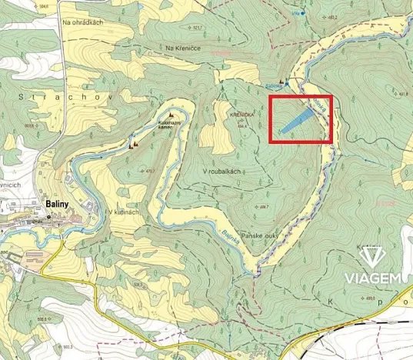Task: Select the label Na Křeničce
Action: pyautogui.click(x=182, y=48)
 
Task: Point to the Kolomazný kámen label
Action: pyautogui.click(x=170, y=124)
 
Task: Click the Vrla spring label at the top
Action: pyautogui.click(x=295, y=13)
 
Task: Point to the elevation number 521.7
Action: pyautogui.click(x=197, y=28)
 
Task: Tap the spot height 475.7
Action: pyautogui.click(x=150, y=171)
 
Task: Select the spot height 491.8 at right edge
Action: pyautogui.click(x=404, y=95)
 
